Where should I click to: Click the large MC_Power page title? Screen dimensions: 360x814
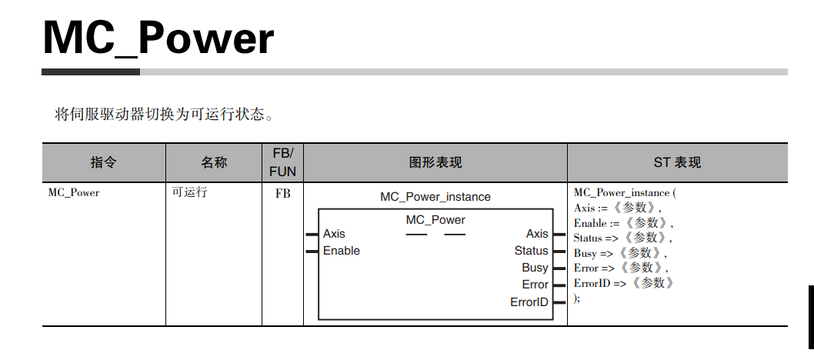[x=158, y=37]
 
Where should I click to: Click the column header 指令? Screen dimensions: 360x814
[x=103, y=162]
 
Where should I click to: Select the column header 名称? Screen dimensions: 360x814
[x=214, y=162]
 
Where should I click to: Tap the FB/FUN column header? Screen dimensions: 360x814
[x=282, y=162]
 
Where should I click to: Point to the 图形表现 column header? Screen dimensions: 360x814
[x=435, y=162]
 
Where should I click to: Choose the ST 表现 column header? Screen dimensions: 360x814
[x=677, y=162]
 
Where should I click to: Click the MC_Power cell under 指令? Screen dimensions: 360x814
[x=74, y=192]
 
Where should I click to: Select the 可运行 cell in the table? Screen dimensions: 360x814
[x=189, y=192]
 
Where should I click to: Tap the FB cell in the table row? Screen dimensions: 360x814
[x=283, y=193]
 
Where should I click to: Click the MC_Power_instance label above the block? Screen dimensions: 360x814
[x=435, y=197]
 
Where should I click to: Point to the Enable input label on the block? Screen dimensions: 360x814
[x=341, y=251]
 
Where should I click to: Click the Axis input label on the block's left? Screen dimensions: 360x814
[x=334, y=234]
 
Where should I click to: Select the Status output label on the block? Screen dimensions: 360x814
[x=531, y=251]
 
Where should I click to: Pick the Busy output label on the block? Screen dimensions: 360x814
[x=535, y=268]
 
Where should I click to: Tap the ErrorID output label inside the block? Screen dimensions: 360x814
[x=529, y=302]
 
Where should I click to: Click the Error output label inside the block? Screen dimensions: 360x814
[x=535, y=285]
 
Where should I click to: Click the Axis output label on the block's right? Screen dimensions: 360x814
[x=537, y=234]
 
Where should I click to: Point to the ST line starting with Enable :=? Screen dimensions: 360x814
[x=623, y=223]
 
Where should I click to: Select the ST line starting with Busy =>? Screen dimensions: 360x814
[x=620, y=253]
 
